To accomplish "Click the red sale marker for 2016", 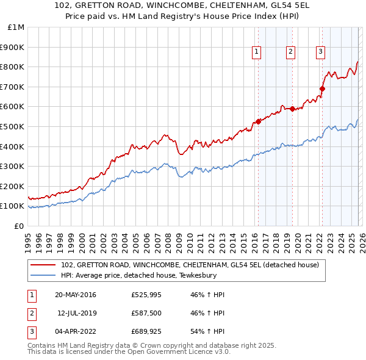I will point(258,121).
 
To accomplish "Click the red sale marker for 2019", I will point(292,109).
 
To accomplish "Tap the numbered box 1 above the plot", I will point(257,52).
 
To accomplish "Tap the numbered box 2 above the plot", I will point(291,52).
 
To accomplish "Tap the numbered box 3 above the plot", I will point(320,52).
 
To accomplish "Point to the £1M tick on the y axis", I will point(16,27).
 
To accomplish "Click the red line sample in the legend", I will point(44,265).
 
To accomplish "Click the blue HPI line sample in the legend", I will point(44,275).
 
